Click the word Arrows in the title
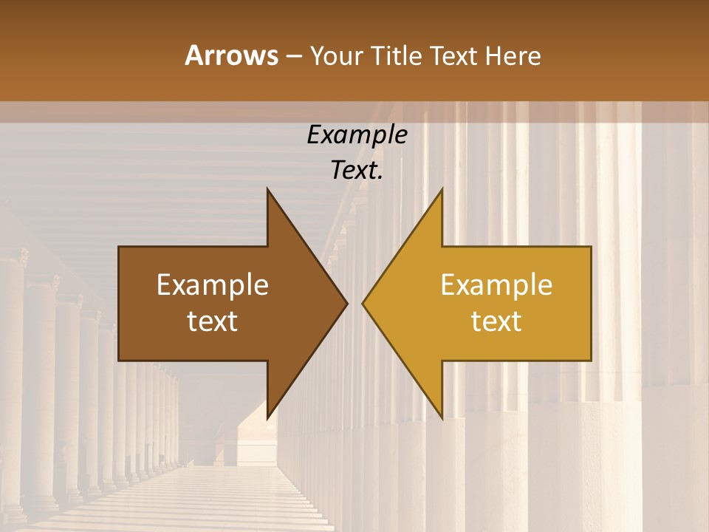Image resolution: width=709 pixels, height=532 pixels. click(231, 56)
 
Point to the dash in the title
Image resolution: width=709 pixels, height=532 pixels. click(293, 57)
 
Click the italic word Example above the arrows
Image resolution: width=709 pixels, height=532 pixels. click(357, 134)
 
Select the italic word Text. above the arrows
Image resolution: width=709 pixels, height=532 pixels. click(357, 171)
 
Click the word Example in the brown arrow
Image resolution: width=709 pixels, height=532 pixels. click(213, 285)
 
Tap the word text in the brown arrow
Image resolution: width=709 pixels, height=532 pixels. click(213, 321)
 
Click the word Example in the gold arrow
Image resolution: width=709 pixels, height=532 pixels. click(496, 285)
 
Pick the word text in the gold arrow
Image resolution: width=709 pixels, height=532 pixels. click(496, 321)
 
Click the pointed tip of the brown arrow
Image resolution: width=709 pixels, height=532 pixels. click(346, 303)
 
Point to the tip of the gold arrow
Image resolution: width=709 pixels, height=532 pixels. click(363, 303)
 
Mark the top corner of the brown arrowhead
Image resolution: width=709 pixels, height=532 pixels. click(267, 189)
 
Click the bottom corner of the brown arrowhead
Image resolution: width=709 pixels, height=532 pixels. click(267, 417)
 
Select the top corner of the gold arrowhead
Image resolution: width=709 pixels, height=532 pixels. click(442, 189)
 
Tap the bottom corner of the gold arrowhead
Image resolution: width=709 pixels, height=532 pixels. click(442, 417)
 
